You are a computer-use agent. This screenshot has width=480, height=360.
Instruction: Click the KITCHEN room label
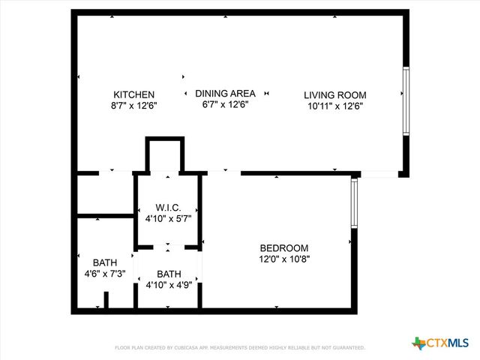coord(133,94)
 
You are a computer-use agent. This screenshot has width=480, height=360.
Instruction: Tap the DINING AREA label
coord(225,93)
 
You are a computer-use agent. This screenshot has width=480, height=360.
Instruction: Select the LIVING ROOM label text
coord(334,94)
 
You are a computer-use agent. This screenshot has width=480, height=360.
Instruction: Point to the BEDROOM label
coord(283,248)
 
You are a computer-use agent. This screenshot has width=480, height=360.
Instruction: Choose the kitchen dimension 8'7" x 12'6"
coord(133,106)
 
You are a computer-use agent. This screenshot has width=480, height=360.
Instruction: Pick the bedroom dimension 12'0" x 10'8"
coord(283,259)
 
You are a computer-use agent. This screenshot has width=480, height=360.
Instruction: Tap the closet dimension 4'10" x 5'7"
coord(168,218)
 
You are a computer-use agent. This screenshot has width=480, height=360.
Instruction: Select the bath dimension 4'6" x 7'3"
coord(105,274)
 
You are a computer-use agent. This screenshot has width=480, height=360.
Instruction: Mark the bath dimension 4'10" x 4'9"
coord(169,285)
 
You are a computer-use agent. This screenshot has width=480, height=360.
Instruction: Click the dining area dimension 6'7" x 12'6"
coord(225,104)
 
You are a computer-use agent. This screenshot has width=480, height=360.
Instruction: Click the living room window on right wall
coord(406,102)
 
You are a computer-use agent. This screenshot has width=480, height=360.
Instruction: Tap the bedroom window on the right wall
coord(354,203)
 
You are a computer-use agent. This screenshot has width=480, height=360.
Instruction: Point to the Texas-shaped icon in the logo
coord(418,343)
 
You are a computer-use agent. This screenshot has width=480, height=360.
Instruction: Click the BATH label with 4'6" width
coord(105,262)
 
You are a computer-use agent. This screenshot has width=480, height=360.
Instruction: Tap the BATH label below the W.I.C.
coord(169,274)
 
